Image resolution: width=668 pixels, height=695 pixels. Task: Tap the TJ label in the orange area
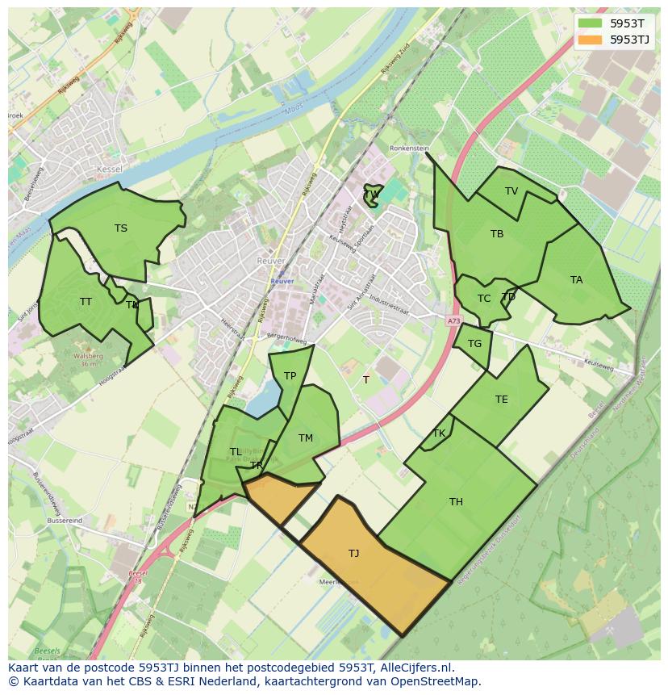(353, 553)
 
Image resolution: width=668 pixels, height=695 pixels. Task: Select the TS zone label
(121, 228)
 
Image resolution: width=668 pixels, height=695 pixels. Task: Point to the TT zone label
(86, 302)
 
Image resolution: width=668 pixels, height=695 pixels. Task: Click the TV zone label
(511, 191)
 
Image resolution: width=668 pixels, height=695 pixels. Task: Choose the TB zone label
(497, 234)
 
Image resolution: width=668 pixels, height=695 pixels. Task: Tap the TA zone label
(576, 280)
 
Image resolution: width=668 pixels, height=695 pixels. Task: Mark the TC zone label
(484, 299)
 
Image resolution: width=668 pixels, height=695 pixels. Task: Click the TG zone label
(474, 344)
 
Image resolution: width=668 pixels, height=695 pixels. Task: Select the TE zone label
(502, 400)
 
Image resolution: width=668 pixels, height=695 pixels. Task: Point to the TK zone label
(439, 433)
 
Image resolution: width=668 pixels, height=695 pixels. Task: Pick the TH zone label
(456, 502)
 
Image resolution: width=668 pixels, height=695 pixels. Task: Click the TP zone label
(290, 376)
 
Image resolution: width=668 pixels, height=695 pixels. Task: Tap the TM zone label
(305, 438)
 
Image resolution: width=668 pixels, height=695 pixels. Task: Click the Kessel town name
(108, 169)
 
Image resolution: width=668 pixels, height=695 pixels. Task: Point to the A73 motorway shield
(453, 320)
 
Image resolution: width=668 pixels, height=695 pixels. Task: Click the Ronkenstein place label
(407, 149)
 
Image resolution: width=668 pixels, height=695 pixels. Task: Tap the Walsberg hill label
(89, 355)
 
